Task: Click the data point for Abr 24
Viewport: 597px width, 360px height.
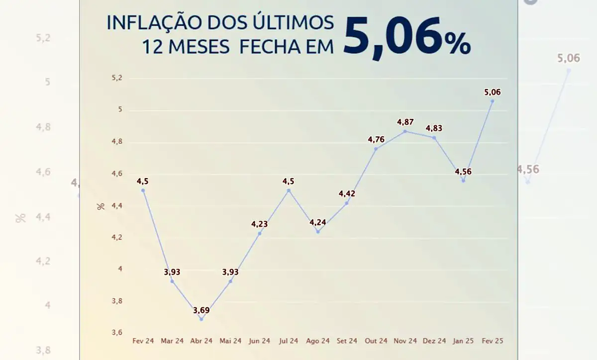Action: (201, 319)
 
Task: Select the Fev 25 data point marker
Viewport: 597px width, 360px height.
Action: (493, 101)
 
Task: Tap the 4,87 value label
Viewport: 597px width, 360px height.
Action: (405, 121)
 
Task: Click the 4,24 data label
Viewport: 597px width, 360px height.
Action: (318, 222)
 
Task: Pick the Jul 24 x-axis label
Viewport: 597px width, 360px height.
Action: (289, 341)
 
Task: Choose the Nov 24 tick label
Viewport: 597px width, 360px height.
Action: (405, 341)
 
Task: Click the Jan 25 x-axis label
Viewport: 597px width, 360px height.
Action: (463, 341)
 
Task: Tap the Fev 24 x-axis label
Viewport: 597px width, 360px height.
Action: (143, 341)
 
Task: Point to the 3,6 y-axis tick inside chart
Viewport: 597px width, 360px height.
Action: (117, 332)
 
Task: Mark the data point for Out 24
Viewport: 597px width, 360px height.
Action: (376, 148)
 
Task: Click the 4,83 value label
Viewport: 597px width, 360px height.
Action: (434, 128)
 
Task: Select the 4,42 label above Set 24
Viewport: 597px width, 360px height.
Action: (347, 193)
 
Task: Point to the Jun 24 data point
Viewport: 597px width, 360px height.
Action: (260, 233)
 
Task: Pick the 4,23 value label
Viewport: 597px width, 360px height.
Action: (260, 224)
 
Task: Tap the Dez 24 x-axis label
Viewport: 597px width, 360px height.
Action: (434, 341)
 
